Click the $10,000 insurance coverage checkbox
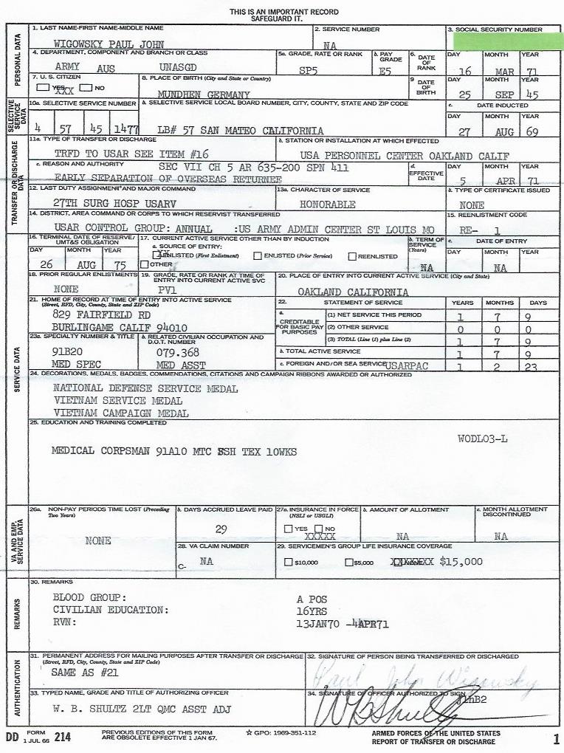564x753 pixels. [x=288, y=563]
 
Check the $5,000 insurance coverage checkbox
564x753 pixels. [x=349, y=563]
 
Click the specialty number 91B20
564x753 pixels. [x=69, y=352]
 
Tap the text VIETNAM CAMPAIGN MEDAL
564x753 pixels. [x=121, y=413]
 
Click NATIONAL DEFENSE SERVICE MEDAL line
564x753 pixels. [x=145, y=389]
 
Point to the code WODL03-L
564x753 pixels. [x=482, y=439]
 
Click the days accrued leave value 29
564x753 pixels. [x=221, y=529]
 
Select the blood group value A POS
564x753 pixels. [x=312, y=599]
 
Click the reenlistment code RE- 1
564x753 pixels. [x=484, y=230]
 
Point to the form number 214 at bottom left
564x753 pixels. [x=62, y=737]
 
